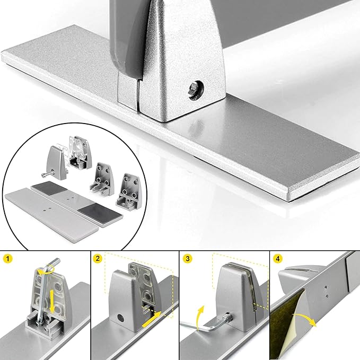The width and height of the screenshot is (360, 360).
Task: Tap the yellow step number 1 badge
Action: pos(8,260)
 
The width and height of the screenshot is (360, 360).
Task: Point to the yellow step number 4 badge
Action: pos(277,260)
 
